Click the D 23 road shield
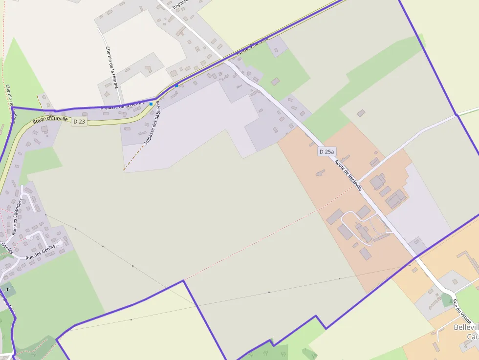tap(79, 121)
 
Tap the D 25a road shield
tap(327, 151)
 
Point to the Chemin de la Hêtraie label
tap(112, 67)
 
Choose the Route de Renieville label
tap(348, 175)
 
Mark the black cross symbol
tap(7, 289)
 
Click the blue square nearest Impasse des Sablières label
tap(151, 104)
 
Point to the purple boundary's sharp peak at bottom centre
tap(184, 281)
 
